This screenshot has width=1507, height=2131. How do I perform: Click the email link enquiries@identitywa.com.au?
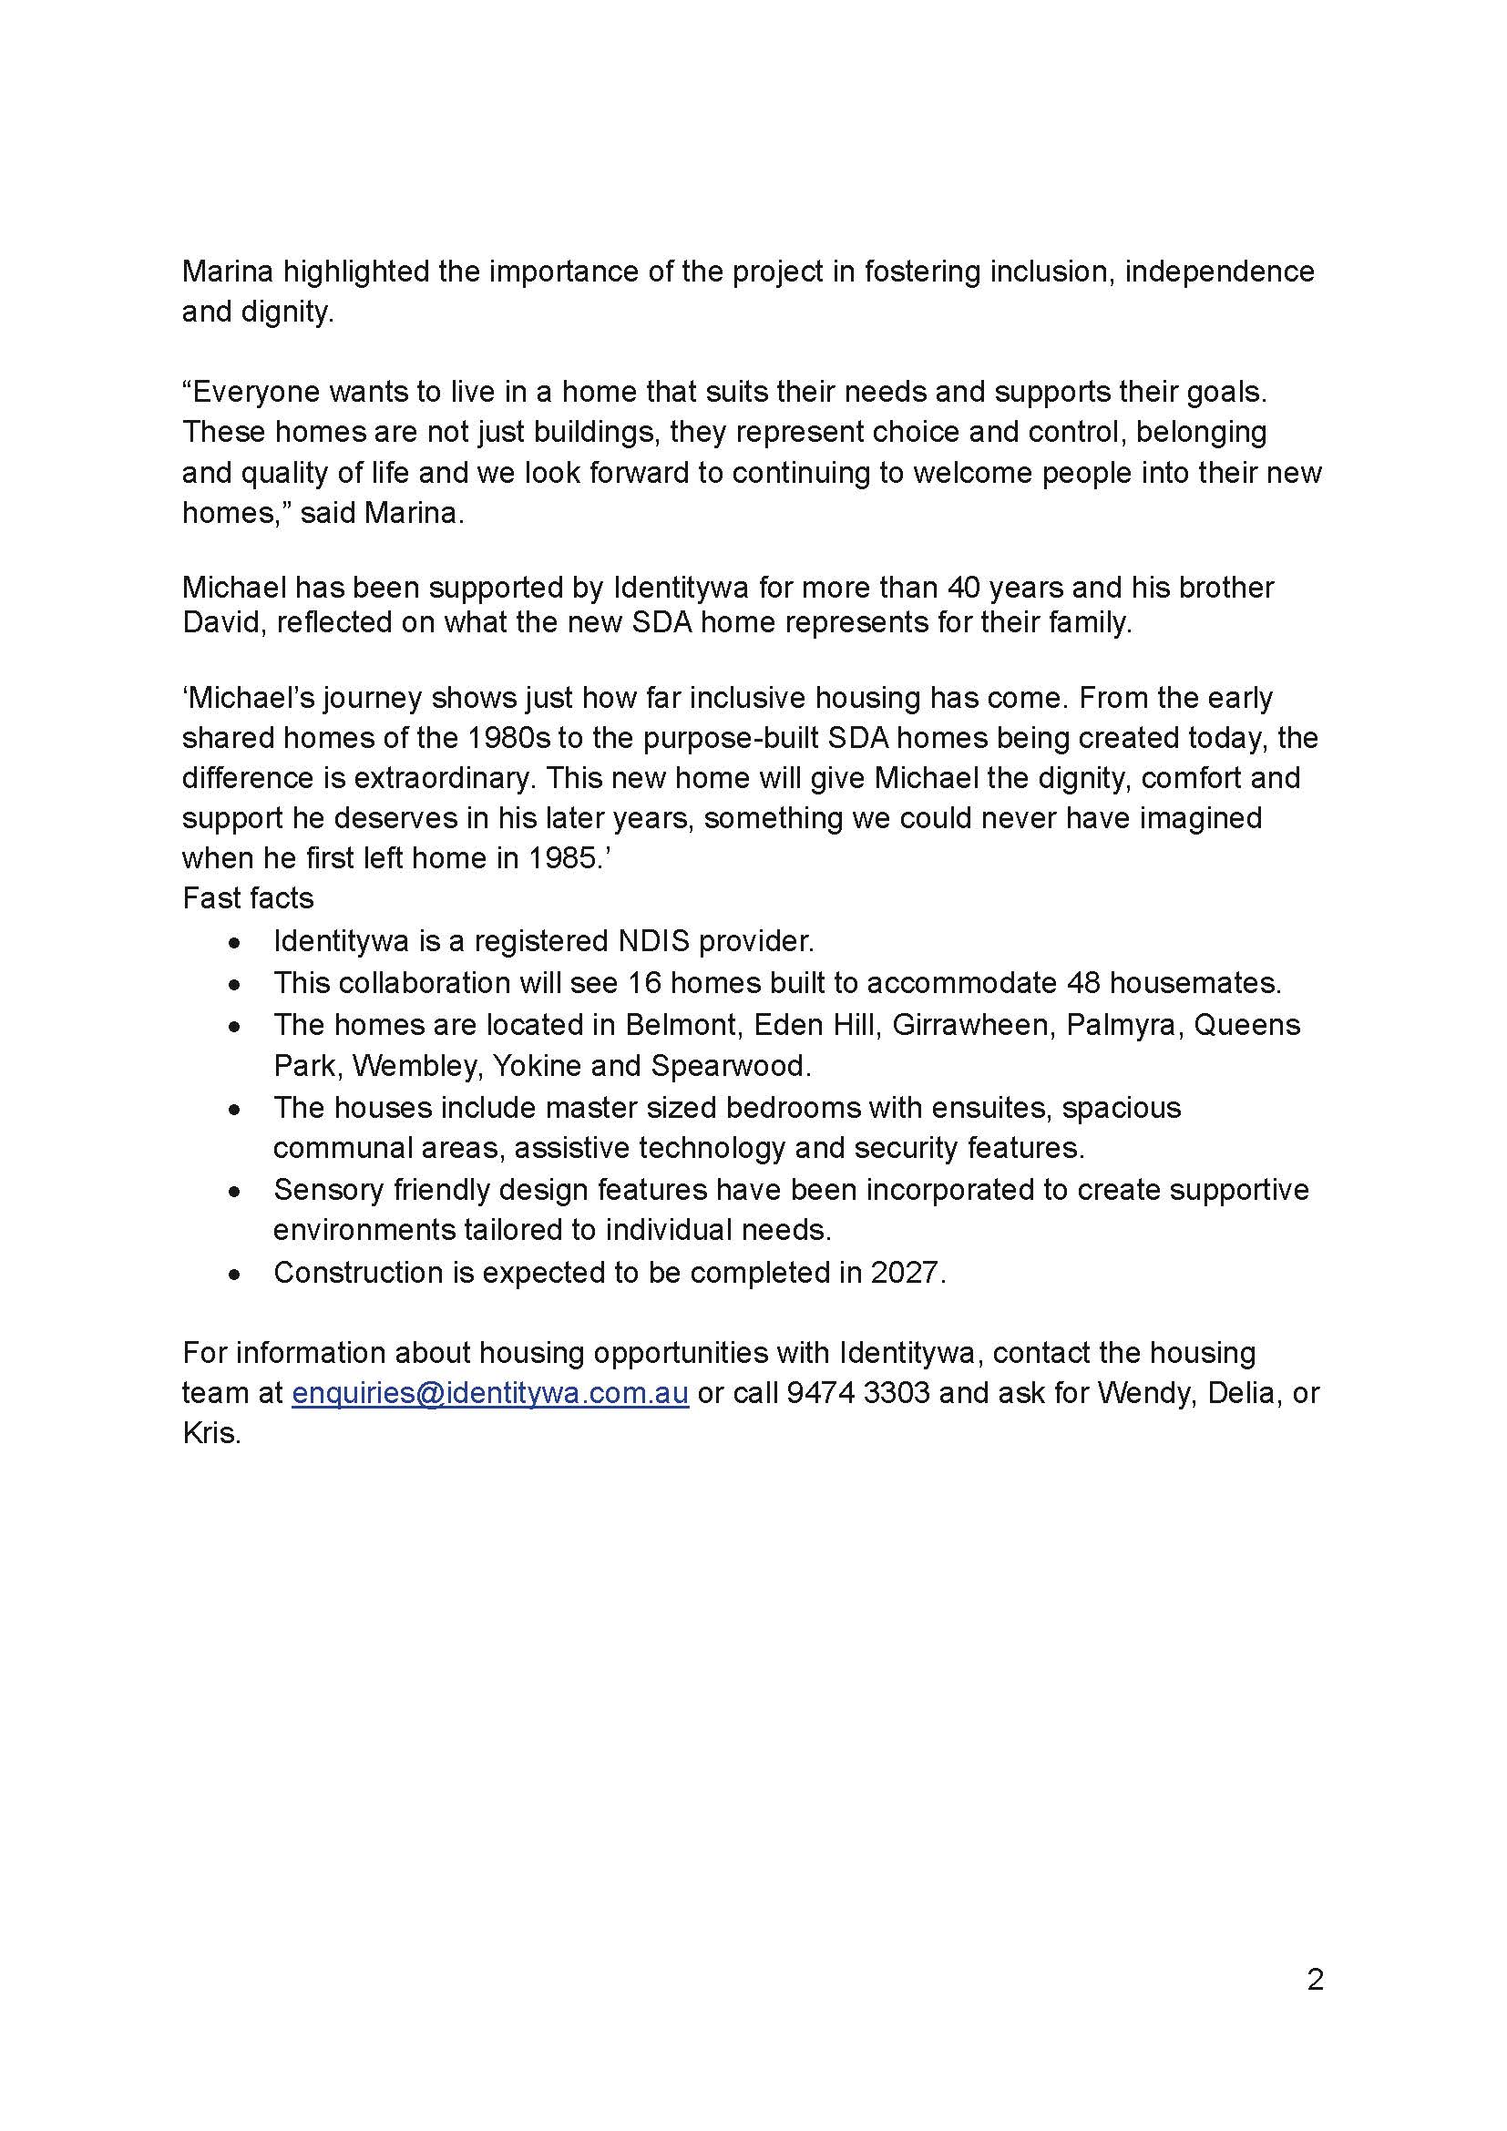490,1393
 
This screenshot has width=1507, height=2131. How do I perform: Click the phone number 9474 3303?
857,1393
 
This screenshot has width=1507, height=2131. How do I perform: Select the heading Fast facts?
248,898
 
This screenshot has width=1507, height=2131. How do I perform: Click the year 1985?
565,857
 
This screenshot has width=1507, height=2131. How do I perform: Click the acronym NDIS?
653,941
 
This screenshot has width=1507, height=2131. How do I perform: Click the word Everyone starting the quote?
254,392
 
